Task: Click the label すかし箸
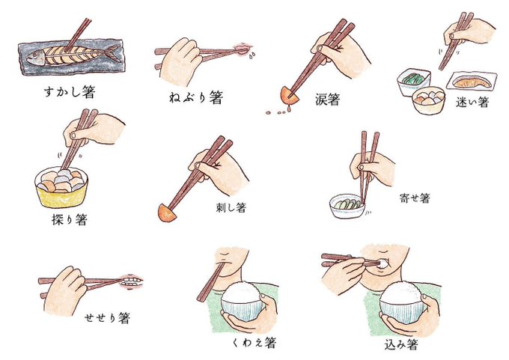tap(70, 92)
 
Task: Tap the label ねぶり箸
tap(196, 97)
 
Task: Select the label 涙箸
tap(328, 99)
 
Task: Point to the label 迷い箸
tap(472, 103)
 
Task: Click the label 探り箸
tap(70, 219)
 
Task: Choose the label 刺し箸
tap(231, 207)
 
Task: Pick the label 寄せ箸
tap(415, 198)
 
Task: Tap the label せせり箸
tap(107, 317)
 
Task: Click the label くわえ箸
tap(254, 342)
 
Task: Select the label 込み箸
tap(401, 344)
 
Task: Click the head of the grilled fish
tap(36, 58)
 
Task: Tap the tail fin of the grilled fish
tap(114, 53)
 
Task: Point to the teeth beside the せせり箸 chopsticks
tap(130, 281)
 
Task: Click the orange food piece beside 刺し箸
tap(166, 213)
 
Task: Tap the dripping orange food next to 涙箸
tap(289, 96)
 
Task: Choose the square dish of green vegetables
tap(413, 82)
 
